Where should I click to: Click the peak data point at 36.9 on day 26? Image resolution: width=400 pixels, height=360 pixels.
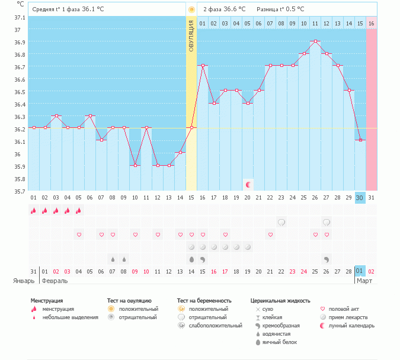(315, 41)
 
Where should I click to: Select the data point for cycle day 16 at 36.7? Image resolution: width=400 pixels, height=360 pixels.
(203, 66)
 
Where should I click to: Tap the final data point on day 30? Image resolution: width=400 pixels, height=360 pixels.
(360, 140)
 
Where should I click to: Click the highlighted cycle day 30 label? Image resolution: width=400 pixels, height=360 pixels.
(360, 197)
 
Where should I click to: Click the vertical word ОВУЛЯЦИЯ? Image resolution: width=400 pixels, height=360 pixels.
(191, 36)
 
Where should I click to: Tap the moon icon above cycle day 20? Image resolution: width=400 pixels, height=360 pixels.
(248, 185)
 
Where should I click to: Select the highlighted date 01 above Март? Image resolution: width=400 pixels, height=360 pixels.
(360, 272)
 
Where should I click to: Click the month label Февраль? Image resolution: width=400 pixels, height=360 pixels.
(53, 281)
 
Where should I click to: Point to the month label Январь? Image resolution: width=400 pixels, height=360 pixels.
(24, 281)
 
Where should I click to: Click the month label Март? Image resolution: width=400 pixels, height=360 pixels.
(364, 281)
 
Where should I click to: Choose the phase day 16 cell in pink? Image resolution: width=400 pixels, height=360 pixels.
(371, 23)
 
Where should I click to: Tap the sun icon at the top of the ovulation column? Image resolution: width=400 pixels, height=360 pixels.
(191, 9)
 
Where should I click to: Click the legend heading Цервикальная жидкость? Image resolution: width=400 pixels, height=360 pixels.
(280, 301)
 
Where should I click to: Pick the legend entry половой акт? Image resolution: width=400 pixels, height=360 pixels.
(343, 309)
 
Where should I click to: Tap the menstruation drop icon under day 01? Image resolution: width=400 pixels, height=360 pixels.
(34, 210)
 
